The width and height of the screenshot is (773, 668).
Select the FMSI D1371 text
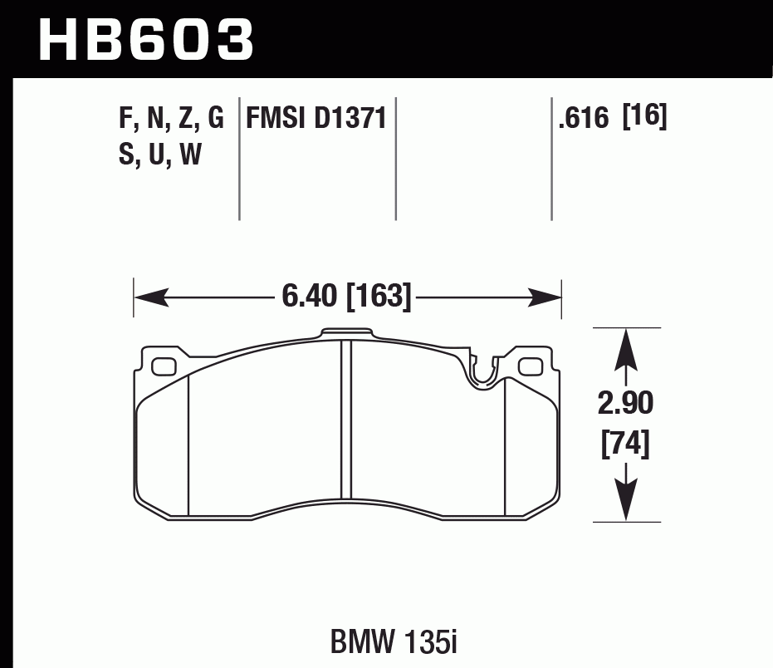[316, 119]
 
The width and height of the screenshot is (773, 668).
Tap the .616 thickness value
[585, 120]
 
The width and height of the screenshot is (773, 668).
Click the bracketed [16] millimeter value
[645, 118]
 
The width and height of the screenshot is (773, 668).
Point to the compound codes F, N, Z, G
[171, 120]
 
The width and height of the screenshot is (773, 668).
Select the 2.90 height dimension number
[625, 405]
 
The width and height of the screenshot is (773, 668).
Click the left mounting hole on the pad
[164, 365]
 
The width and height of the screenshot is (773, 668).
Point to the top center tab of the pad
[346, 334]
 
